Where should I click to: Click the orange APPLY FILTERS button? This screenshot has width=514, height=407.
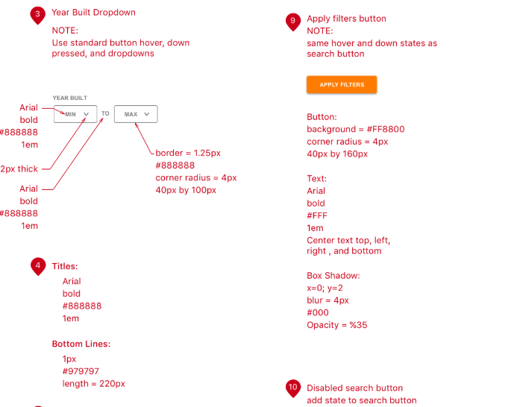click(x=342, y=85)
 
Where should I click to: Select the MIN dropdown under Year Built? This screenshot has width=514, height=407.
click(x=75, y=114)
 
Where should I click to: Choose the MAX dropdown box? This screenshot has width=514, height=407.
click(x=136, y=114)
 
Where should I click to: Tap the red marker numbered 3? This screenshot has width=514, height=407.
click(x=37, y=14)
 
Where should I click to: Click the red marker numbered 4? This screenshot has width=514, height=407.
click(x=37, y=266)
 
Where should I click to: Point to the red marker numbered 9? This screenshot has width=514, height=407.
click(x=293, y=20)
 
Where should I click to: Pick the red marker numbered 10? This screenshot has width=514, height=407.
click(x=293, y=388)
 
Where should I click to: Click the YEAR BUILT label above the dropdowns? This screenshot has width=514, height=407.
click(x=69, y=98)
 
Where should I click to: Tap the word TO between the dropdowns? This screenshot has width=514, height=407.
click(x=105, y=114)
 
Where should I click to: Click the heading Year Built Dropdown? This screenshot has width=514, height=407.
click(x=94, y=13)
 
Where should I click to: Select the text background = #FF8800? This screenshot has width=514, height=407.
click(x=356, y=129)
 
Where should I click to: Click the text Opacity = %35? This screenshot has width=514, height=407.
click(x=337, y=325)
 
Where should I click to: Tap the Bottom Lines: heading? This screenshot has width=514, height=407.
click(x=81, y=344)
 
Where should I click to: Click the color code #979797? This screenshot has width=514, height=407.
click(x=81, y=371)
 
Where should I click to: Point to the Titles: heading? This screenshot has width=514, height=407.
click(x=65, y=266)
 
